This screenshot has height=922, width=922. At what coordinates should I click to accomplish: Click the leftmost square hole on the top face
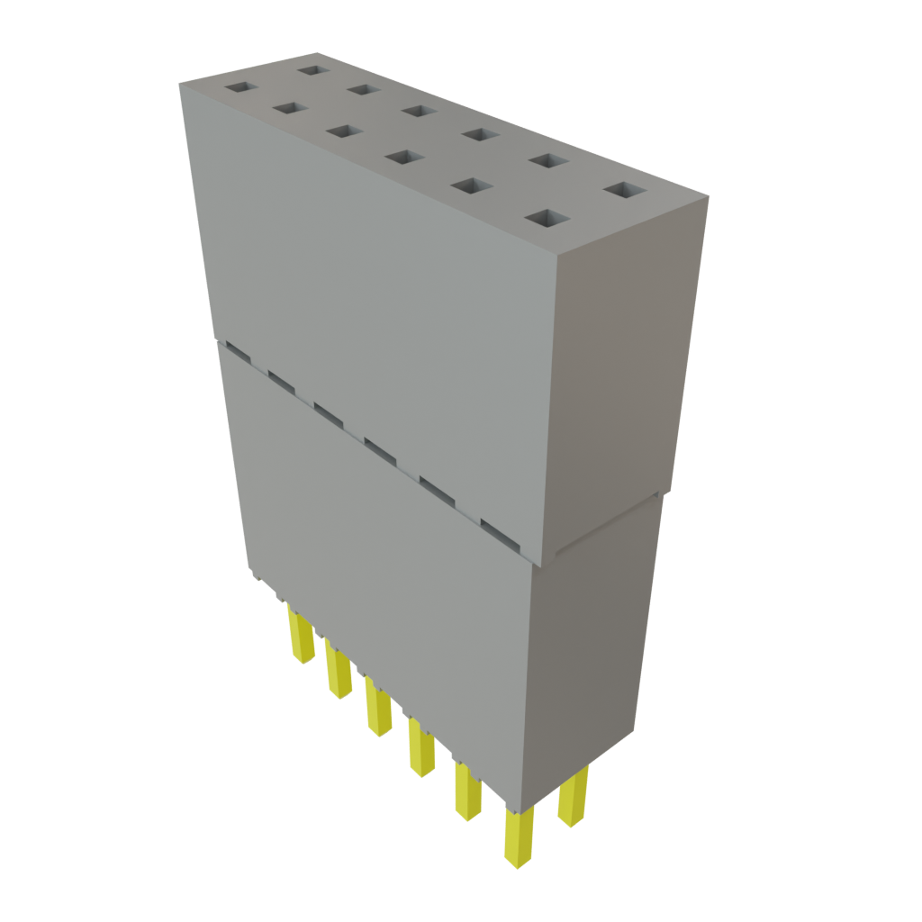[x=240, y=88]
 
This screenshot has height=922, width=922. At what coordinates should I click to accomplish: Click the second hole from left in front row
[x=289, y=108]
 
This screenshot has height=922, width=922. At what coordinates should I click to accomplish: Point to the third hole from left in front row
[x=342, y=131]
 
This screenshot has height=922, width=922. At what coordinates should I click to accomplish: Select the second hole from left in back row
[x=365, y=89]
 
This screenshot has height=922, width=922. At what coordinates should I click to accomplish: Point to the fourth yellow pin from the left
[x=420, y=747]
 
